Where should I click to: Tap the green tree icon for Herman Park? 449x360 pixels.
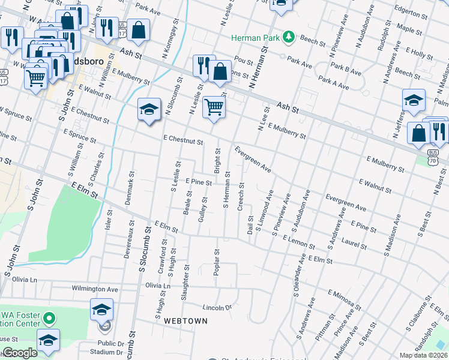click(289, 37)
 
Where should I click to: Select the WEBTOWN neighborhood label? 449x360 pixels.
click(186, 321)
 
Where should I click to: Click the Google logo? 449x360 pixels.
click(20, 353)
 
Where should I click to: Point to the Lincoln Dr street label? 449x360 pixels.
click(217, 307)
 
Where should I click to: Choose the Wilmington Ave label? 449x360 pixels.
click(94, 289)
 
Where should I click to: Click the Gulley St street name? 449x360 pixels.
click(203, 208)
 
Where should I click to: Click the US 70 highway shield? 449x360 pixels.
click(433, 160)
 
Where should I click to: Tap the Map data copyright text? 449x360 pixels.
click(423, 355)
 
